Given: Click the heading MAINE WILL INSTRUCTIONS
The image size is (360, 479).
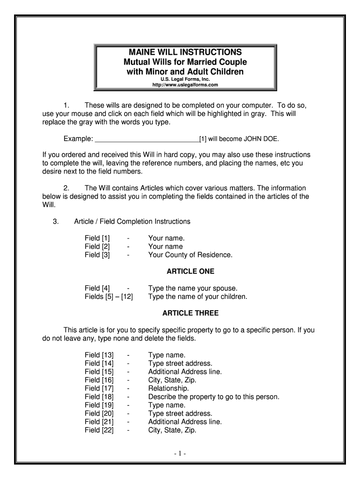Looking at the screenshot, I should coord(186,52).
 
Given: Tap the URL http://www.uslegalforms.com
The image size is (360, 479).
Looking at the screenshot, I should coord(186,85).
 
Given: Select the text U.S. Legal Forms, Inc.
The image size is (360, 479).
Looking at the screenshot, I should coord(186,79).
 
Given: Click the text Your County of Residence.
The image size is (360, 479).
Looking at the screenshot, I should coord(190,255).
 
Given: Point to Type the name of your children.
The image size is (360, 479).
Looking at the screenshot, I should coord(198,297).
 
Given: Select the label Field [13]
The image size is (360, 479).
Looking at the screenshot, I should coord(99,355).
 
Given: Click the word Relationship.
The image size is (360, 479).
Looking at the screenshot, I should coord(169,388).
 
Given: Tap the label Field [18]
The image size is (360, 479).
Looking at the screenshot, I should coord(99,397).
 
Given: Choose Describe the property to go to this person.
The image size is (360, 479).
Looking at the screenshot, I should coord(214,397).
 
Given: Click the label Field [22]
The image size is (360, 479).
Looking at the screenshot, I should coord(99,430).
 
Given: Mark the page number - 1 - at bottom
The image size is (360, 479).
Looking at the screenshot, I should coord(180,454).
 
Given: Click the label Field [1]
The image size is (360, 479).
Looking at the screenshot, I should coord(97,238).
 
